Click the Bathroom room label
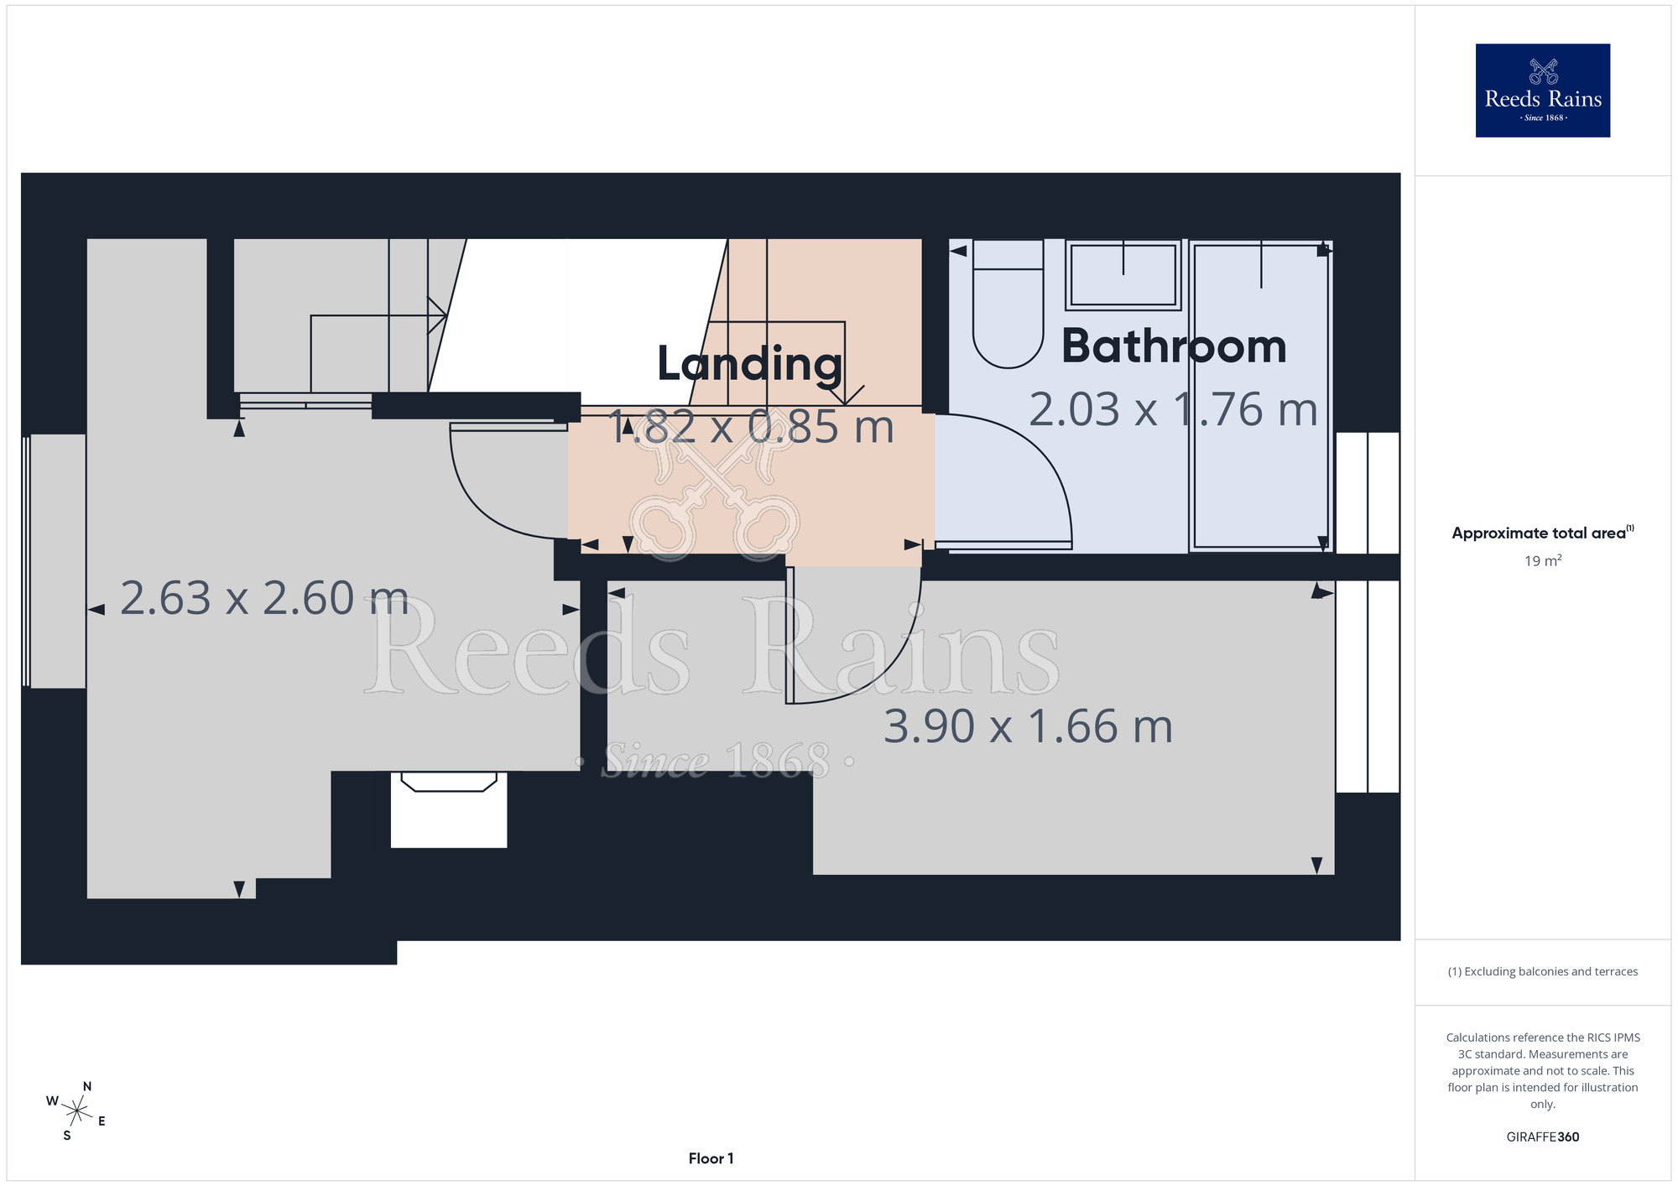pyautogui.click(x=1174, y=346)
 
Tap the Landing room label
pyautogui.click(x=749, y=364)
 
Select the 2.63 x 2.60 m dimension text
pyautogui.click(x=264, y=598)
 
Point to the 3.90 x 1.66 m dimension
pyautogui.click(x=1028, y=726)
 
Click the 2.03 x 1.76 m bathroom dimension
pyautogui.click(x=1173, y=410)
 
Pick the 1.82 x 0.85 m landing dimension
pyautogui.click(x=751, y=427)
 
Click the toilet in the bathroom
pyautogui.click(x=1008, y=304)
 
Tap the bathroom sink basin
pyautogui.click(x=1123, y=275)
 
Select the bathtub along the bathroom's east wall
pyautogui.click(x=1260, y=396)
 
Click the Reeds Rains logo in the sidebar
pyautogui.click(x=1543, y=91)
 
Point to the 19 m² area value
pyautogui.click(x=1543, y=560)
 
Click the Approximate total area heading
pyautogui.click(x=1543, y=533)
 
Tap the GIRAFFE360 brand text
pyautogui.click(x=1543, y=1137)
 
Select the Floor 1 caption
pyautogui.click(x=711, y=1158)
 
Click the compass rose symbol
pyautogui.click(x=76, y=1112)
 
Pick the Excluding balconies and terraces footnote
pyautogui.click(x=1543, y=971)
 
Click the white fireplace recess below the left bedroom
pyautogui.click(x=449, y=809)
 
